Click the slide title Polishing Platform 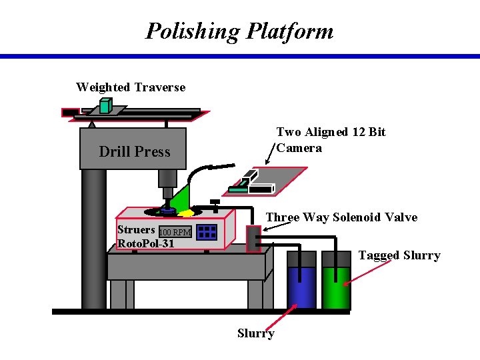[x=239, y=31]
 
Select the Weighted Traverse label [x=131, y=87]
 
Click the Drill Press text [x=134, y=152]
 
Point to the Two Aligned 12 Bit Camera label [x=331, y=140]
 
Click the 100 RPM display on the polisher [x=175, y=232]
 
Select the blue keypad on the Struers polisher [x=207, y=231]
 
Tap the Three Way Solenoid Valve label [x=341, y=217]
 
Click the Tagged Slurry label [x=399, y=255]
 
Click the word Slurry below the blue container [x=255, y=333]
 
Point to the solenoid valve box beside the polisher [x=253, y=239]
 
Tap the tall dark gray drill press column [x=93, y=240]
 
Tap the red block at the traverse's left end [x=69, y=113]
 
